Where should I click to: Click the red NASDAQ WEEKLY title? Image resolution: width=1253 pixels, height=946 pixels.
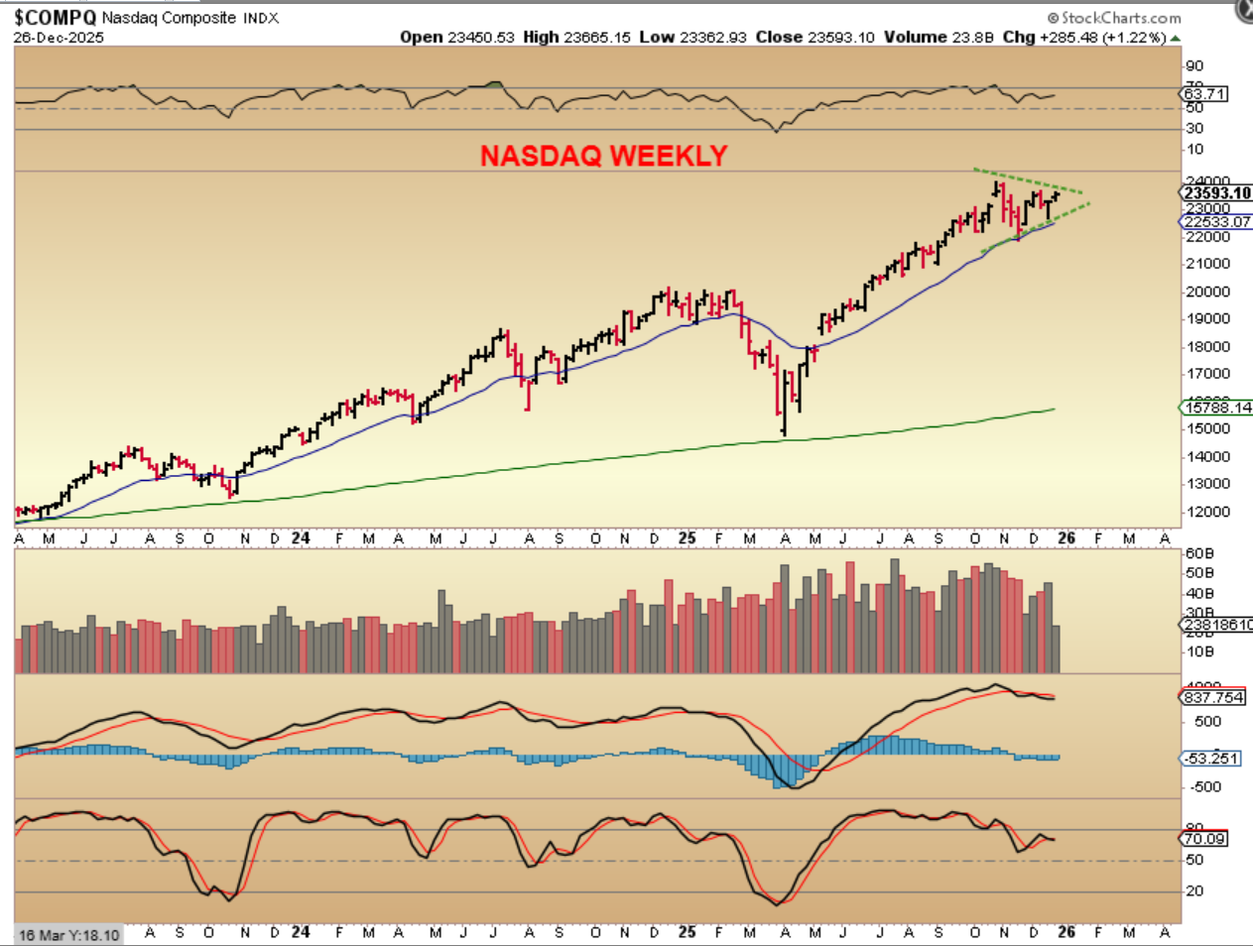(603, 156)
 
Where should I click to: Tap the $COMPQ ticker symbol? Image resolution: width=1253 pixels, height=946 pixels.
(55, 17)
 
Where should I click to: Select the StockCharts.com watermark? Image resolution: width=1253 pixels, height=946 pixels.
(1115, 18)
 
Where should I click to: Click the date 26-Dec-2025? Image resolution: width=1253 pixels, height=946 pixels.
(59, 38)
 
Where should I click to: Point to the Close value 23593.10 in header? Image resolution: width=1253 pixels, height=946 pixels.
(840, 38)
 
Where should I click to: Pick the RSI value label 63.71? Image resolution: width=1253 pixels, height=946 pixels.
(1204, 94)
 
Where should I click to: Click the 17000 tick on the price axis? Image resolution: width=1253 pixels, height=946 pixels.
(1208, 374)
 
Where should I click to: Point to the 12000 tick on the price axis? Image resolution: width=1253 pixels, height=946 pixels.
(1208, 512)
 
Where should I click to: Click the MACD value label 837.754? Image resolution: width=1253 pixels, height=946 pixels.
(1213, 697)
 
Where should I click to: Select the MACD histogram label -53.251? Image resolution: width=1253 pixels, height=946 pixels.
(1211, 759)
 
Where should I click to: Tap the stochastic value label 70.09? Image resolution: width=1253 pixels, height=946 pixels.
(1203, 839)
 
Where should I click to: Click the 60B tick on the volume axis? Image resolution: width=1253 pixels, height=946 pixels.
(1199, 553)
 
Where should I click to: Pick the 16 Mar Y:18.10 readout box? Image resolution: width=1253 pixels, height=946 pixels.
(68, 935)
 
